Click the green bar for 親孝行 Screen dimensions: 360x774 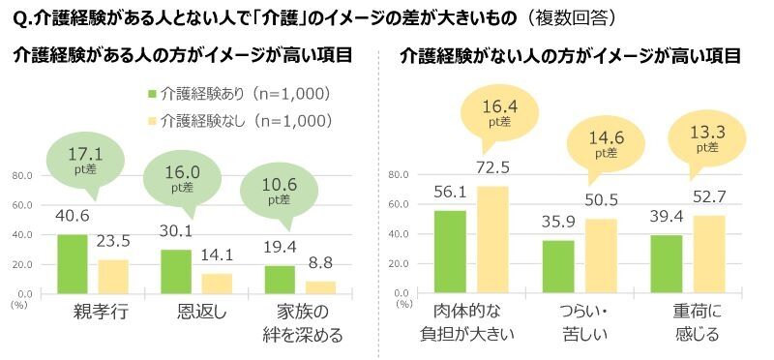pos(72,263)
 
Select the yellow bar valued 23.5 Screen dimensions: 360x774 pos(114,276)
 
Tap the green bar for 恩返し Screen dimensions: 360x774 pos(175,271)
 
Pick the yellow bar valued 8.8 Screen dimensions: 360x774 pos(320,286)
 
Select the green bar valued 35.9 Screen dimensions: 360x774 pos(557,266)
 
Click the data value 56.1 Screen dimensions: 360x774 pos(450,192)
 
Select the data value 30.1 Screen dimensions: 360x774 pos(175,230)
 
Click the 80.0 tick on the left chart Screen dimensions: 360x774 pos(21,176)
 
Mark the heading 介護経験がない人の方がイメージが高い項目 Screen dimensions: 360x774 pos(571,55)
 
